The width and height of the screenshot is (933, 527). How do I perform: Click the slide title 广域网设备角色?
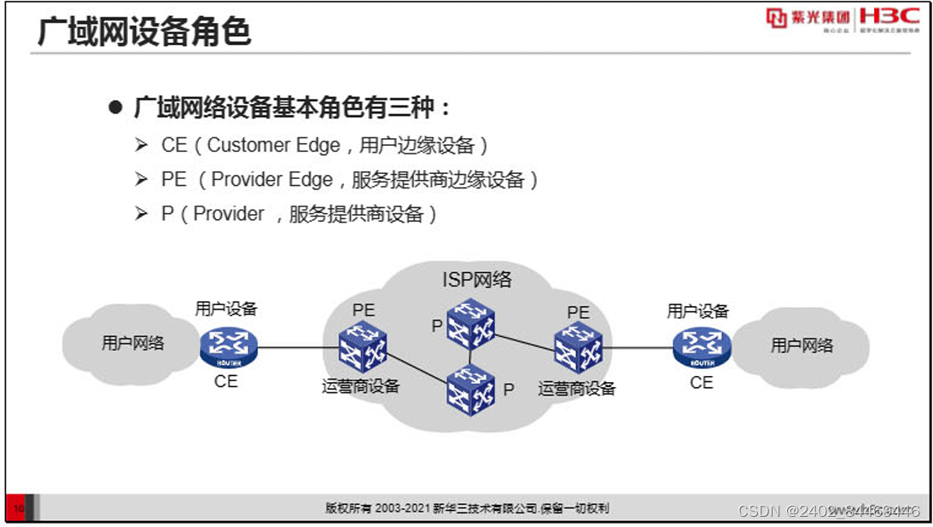(x=144, y=32)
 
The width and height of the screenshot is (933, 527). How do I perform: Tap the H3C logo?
(x=889, y=17)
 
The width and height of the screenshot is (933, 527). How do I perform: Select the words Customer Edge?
(x=261, y=146)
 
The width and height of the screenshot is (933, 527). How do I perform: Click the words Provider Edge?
(x=271, y=180)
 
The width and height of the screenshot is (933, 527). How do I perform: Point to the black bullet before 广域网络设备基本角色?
(x=116, y=109)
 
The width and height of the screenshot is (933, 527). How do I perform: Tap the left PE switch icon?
(x=362, y=347)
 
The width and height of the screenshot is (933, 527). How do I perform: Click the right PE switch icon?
(x=578, y=347)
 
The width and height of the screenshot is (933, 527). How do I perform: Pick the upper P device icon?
(x=470, y=323)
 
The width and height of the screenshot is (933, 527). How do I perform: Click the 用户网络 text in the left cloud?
(x=132, y=344)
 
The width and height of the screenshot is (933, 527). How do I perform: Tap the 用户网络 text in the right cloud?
(x=802, y=345)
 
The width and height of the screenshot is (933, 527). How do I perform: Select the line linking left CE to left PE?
(x=294, y=347)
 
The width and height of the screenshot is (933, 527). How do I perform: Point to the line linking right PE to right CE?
(x=639, y=347)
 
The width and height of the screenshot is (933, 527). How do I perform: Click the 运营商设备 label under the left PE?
(x=360, y=386)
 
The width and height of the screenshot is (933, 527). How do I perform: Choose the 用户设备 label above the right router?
(x=698, y=311)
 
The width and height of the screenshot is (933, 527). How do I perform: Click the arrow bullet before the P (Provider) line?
(x=142, y=214)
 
